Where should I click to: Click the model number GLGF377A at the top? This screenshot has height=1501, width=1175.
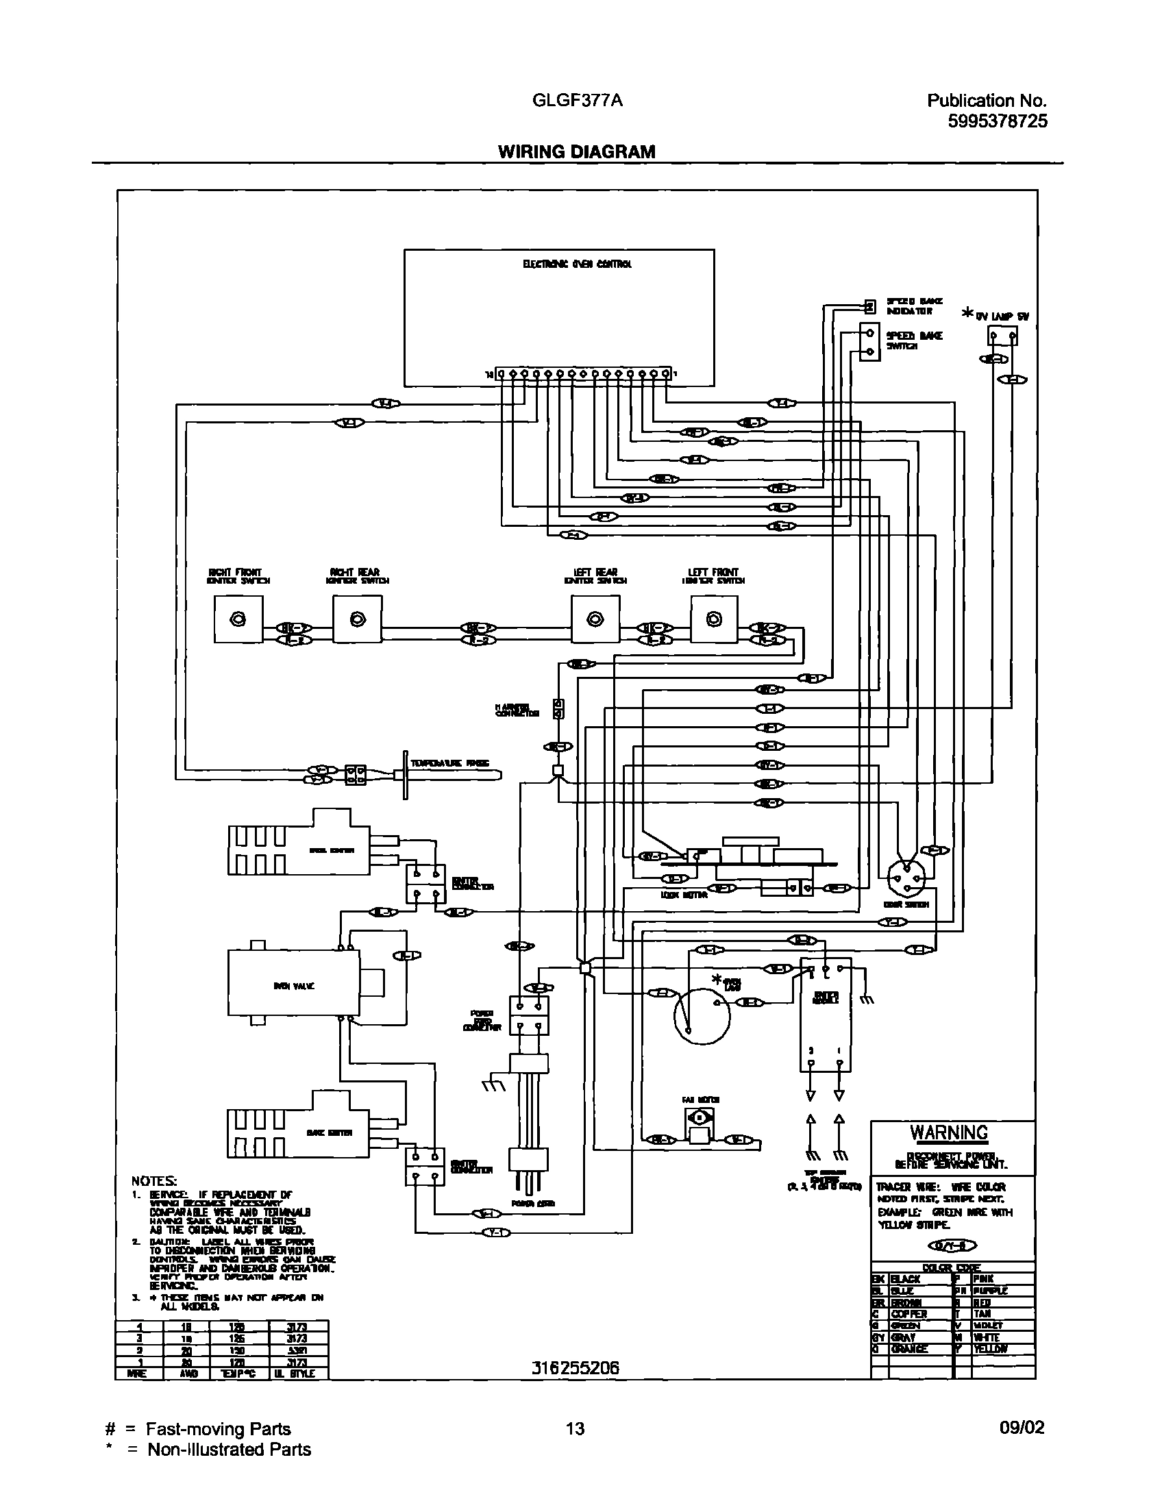tap(577, 101)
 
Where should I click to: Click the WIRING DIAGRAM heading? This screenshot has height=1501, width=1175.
tap(576, 151)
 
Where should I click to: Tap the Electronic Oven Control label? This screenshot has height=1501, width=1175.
tap(577, 264)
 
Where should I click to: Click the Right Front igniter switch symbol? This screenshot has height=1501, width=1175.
tap(238, 619)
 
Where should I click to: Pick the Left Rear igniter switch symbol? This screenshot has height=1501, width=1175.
tap(595, 619)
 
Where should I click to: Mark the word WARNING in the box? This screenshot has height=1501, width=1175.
tap(949, 1133)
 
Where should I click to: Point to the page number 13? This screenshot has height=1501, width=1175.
tap(575, 1429)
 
